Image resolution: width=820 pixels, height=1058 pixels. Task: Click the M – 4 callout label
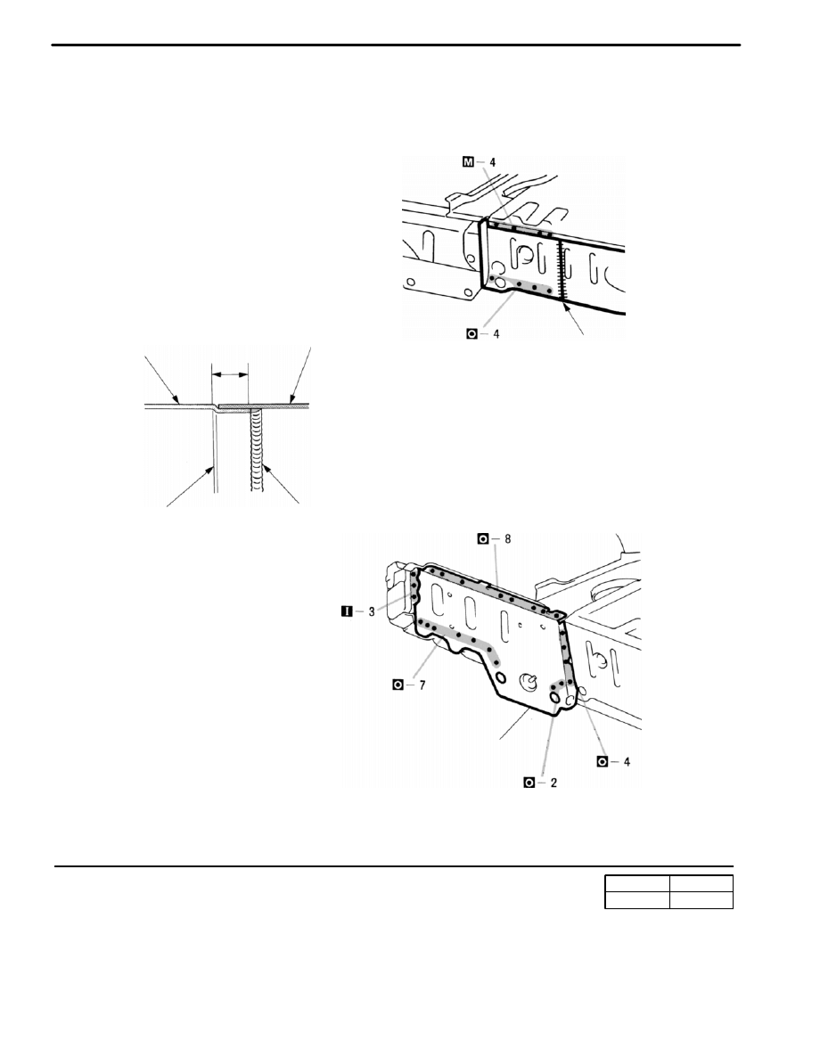[x=480, y=162]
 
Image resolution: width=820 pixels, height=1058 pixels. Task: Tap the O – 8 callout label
[x=495, y=538]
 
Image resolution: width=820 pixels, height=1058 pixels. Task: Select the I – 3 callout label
[x=357, y=612]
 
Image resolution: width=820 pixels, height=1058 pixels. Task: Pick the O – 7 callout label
[x=409, y=685]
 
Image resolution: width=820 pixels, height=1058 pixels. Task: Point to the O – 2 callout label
[x=541, y=783]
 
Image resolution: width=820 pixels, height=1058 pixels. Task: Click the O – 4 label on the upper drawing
[x=483, y=334]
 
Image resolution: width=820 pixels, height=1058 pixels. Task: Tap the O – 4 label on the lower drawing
[x=613, y=762]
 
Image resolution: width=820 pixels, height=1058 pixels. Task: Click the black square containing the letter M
[x=469, y=162]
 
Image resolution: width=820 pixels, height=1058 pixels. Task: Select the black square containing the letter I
[x=347, y=612]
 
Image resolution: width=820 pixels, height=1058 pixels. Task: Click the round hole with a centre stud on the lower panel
[x=529, y=683]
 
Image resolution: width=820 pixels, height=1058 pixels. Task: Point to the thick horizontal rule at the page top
[x=396, y=45]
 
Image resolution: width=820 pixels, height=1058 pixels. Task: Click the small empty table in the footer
[x=668, y=892]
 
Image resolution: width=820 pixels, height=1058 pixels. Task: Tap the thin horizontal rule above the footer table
[x=393, y=866]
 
